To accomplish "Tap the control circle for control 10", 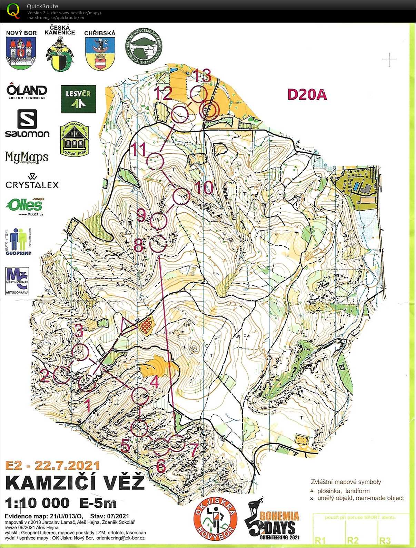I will coord(181,197).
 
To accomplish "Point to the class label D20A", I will coord(307,94).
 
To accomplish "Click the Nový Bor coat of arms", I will coord(21,53).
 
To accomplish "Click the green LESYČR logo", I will coord(78,99).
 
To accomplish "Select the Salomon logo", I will coord(27,124).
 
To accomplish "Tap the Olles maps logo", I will coord(25,206).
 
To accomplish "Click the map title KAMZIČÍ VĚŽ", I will coord(75,482).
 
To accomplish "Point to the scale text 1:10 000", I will coord(37,503).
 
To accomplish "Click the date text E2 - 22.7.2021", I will coord(52,465).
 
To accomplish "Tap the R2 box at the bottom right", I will coord(353,540).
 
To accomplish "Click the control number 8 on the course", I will coord(138,246).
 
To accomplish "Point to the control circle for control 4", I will coord(140,396).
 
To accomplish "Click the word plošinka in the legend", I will coord(329,491).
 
